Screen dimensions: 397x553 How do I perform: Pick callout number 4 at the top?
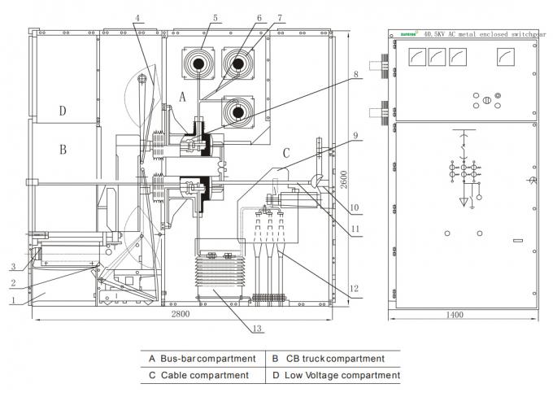pos(138,16)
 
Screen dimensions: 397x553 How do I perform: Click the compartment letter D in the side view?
pos(61,111)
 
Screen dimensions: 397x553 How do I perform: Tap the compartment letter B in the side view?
pos(61,150)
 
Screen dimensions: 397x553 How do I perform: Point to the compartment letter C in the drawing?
pos(285,152)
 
